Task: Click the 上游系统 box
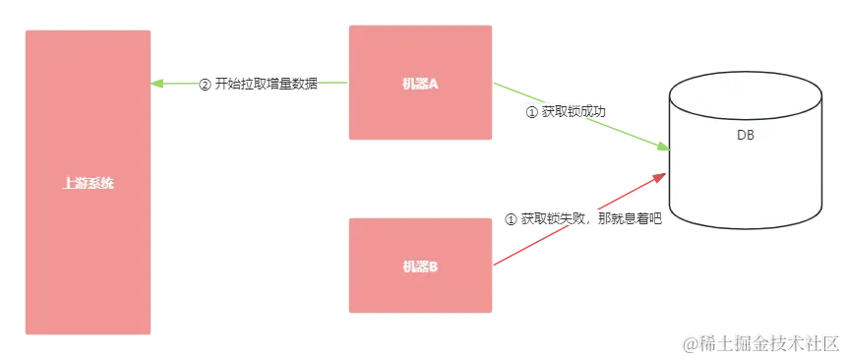click(x=88, y=246)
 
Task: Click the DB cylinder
click(x=745, y=177)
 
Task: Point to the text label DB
click(x=745, y=137)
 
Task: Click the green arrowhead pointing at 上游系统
click(x=157, y=85)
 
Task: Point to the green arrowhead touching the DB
click(x=662, y=148)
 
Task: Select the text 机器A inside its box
click(x=420, y=85)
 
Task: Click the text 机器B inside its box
click(x=420, y=267)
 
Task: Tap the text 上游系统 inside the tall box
click(x=88, y=183)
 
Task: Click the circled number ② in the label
click(x=205, y=84)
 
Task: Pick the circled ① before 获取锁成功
click(x=532, y=112)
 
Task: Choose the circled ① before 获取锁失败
click(x=510, y=217)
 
